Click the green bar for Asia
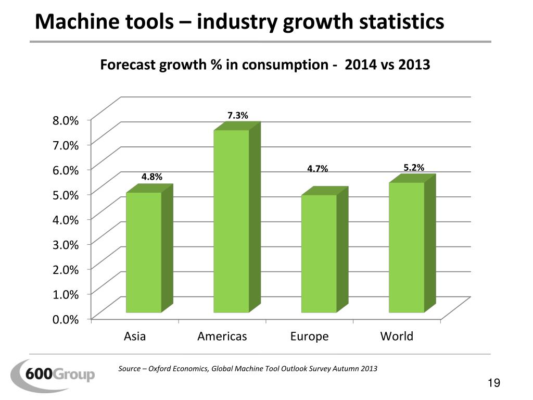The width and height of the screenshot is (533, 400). point(144,253)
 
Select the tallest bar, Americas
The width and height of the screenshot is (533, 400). point(231,221)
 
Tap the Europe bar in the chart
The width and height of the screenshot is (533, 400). point(319,254)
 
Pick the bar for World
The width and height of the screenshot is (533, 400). point(407,247)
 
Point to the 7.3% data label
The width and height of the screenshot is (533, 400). point(237,115)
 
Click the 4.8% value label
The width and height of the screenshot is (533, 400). point(151,177)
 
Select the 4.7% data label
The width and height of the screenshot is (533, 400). point(318,168)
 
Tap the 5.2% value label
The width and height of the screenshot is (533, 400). point(414,167)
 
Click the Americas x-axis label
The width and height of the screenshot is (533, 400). point(222,336)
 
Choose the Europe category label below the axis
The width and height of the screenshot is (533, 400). point(310,336)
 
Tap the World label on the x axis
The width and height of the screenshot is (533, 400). point(397,336)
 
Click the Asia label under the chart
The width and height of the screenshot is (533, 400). point(135,336)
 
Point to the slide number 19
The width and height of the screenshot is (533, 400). point(494,383)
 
